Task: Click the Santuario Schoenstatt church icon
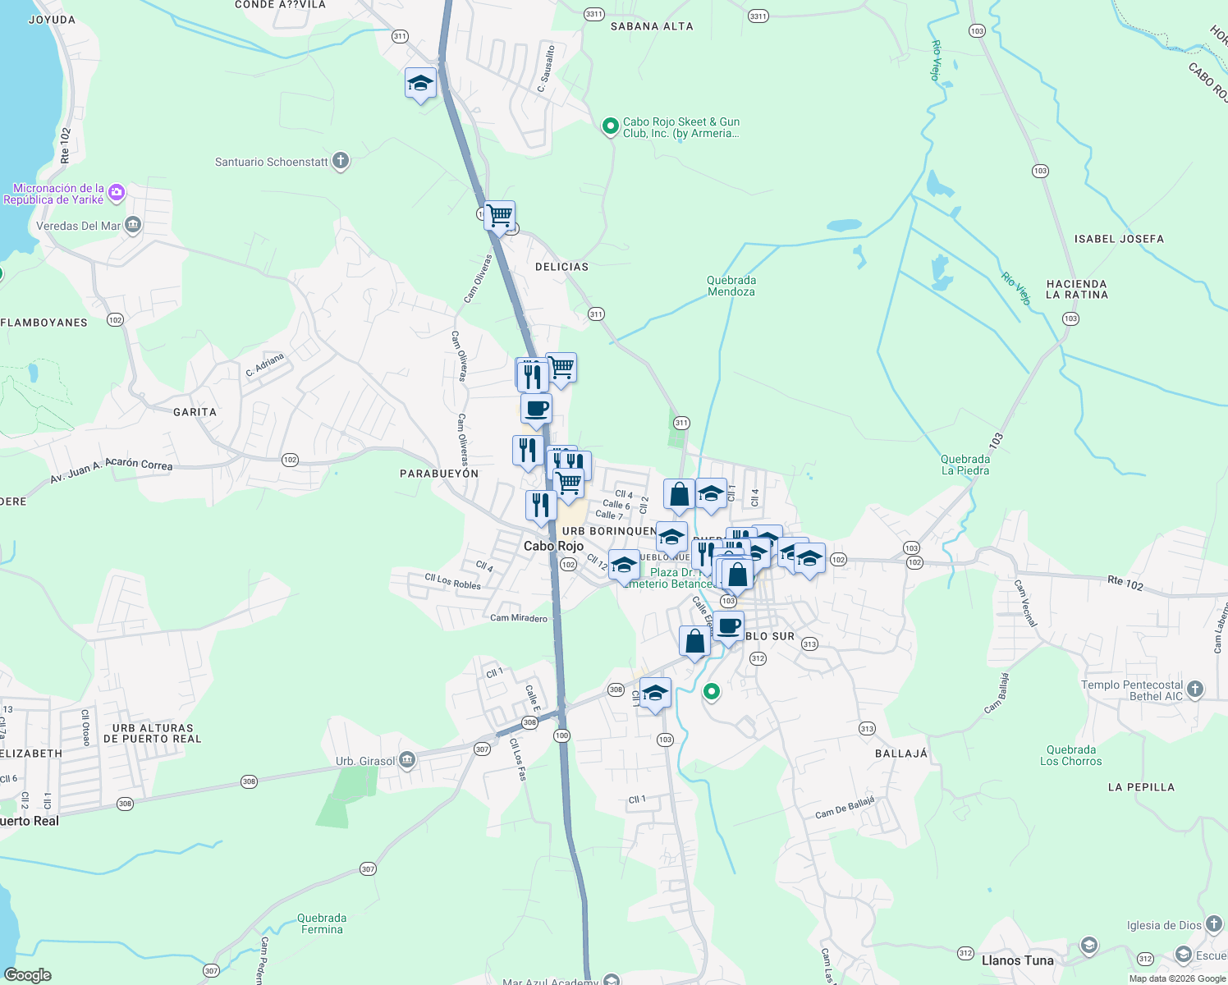pos(341,161)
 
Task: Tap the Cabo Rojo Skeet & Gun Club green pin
pos(610,126)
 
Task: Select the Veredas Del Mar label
pos(79,226)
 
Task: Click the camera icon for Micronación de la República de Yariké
pos(117,192)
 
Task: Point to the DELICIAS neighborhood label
pos(561,267)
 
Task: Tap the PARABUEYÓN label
pos(438,474)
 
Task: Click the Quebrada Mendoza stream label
pos(731,286)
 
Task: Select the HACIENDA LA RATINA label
pos(1076,289)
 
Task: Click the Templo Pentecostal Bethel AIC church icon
pos(1195,689)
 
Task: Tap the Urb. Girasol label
pos(365,761)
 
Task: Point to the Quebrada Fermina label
pos(322,923)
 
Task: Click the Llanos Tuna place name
pos(1017,960)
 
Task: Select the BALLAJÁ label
pos(900,754)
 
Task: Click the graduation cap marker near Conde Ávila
pos(420,84)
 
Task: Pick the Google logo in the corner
pos(28,975)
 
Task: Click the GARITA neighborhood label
pos(195,412)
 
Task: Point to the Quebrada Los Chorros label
pos(1070,755)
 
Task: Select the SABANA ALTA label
pos(652,26)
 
